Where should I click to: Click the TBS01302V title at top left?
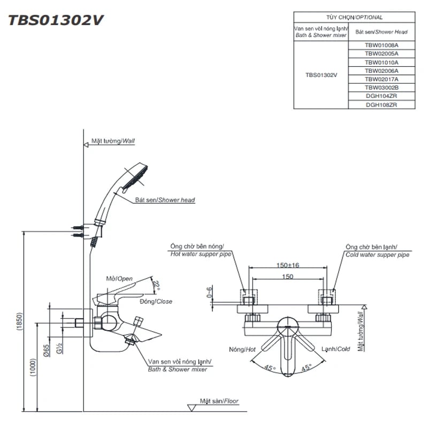click(x=56, y=21)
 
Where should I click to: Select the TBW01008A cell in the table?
click(x=381, y=45)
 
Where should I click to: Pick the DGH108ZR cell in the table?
click(x=381, y=104)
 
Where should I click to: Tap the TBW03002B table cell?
click(x=381, y=87)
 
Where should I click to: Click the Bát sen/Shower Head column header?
click(x=381, y=32)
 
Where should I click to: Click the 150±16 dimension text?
click(x=288, y=265)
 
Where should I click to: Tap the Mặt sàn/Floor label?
click(x=219, y=401)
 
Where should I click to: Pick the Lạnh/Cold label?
click(x=335, y=349)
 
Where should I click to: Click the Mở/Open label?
click(x=119, y=279)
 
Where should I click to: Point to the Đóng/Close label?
click(x=156, y=301)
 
